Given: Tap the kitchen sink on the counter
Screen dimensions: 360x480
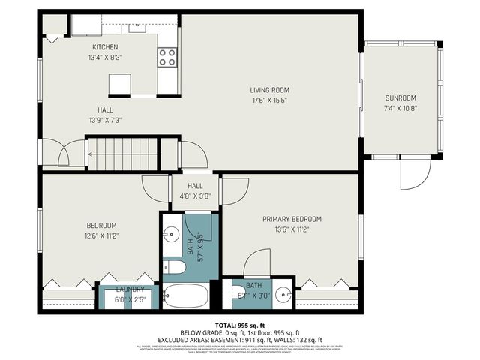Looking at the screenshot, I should click(137, 28).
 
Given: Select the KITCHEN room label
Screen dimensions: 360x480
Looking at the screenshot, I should click(105, 47).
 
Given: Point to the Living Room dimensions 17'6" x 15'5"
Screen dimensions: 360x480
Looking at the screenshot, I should click(269, 100).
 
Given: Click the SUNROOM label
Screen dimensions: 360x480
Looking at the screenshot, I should click(400, 97).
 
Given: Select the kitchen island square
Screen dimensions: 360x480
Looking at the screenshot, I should click(120, 84).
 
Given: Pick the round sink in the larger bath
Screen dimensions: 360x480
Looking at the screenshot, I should click(169, 232).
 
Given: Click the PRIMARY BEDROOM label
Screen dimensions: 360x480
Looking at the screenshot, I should click(292, 219).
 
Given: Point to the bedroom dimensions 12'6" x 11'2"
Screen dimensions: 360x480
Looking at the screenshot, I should click(100, 235).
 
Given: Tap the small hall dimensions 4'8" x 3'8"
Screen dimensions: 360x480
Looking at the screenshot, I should click(195, 196).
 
